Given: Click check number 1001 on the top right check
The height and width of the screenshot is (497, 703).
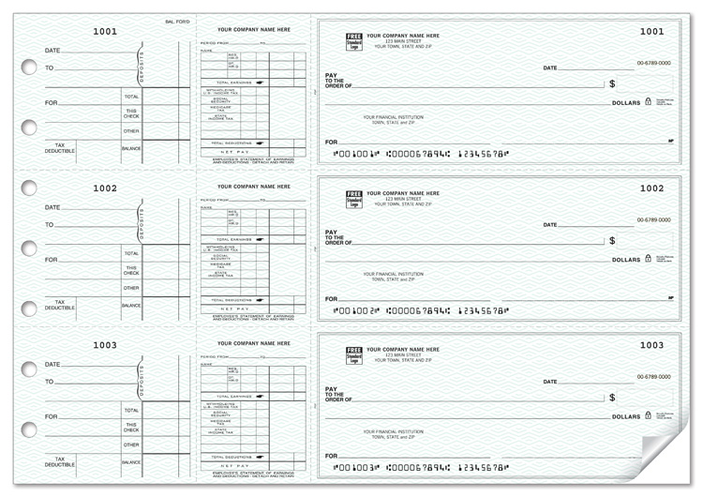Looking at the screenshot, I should pos(651,31).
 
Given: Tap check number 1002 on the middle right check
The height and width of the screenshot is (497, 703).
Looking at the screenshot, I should pos(651,188).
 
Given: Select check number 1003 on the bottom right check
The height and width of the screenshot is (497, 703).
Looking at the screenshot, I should pos(651,345).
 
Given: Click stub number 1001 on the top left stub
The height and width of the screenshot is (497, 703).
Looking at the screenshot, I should pos(105,31).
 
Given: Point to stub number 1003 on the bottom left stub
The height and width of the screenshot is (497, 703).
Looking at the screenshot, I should pos(105,345).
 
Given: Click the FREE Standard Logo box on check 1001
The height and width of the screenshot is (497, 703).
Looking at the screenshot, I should pos(354,42).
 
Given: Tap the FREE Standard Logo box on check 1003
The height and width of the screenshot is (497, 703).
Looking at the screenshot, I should pos(354,356).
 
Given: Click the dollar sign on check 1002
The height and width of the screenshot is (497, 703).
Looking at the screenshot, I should pos(612,241).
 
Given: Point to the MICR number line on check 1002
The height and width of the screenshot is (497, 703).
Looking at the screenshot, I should pos(422,309).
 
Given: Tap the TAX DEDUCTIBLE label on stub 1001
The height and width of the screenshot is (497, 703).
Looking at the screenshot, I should pos(59,148).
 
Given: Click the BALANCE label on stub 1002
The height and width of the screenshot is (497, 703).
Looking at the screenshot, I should pos(131,305).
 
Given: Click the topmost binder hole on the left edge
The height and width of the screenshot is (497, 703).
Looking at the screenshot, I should pos(29,67).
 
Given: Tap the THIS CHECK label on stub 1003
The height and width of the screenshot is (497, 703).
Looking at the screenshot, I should pos(131,427).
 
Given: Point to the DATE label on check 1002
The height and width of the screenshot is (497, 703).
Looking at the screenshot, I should pos(549,225).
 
